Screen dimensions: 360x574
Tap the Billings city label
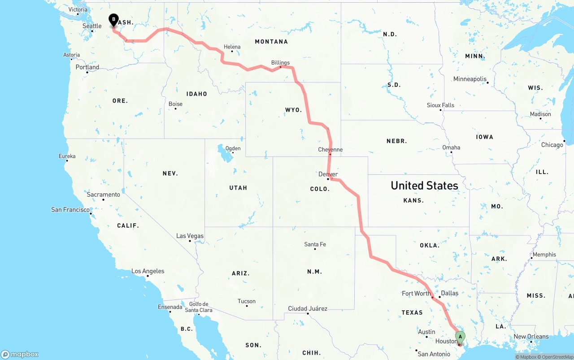(280, 63)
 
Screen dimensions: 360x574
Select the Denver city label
(328, 174)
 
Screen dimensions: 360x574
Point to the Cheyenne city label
(330, 149)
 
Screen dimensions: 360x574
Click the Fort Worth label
(416, 293)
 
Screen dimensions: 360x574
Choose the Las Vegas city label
(190, 236)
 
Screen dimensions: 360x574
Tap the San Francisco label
(70, 209)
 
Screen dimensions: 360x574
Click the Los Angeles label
(148, 271)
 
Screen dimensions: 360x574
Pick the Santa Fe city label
(315, 244)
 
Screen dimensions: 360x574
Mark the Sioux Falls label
(440, 105)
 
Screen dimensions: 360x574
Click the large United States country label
(424, 185)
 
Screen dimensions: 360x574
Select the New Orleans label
(531, 336)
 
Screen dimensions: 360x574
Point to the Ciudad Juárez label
(308, 308)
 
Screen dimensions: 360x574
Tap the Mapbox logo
(20, 354)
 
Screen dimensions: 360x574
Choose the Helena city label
(232, 47)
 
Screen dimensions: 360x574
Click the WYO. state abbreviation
(293, 110)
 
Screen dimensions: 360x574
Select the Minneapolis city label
(470, 79)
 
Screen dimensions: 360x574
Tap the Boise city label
(175, 104)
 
